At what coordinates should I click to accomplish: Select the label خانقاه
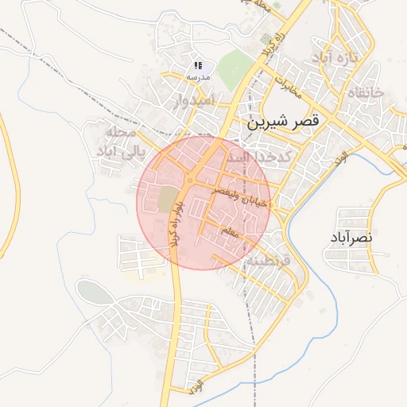366,92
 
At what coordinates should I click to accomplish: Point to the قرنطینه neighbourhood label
269,260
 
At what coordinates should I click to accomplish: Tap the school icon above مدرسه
198,66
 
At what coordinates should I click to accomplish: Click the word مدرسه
198,77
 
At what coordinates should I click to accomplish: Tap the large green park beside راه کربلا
232,70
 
